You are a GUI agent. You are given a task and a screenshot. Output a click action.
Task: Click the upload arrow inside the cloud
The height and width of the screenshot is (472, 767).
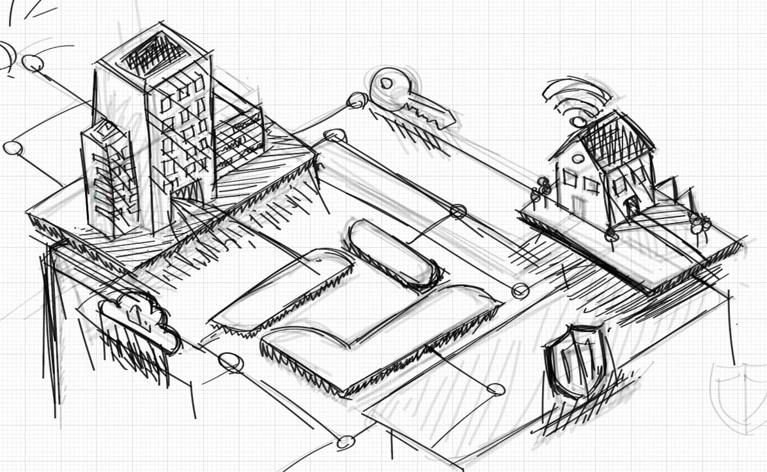(134, 314)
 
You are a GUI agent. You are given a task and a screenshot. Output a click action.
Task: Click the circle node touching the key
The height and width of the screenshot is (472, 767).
(357, 100)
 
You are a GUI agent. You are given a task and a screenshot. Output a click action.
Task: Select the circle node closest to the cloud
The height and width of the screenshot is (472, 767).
(231, 362)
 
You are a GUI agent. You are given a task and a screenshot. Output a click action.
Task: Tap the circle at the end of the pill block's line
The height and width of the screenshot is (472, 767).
(458, 211)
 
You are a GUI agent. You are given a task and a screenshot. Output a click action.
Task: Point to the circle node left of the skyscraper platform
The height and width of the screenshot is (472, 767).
(12, 148)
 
